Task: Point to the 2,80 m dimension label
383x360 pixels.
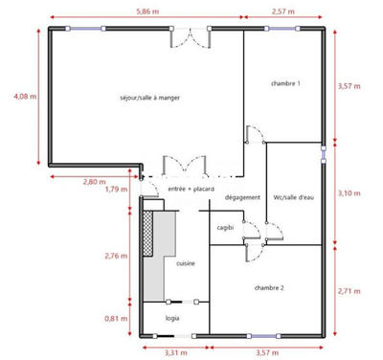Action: pos(94,181)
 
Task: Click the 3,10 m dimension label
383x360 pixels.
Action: pos(349,193)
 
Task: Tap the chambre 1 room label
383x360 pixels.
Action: pos(285,84)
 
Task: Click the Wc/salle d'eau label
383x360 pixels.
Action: pos(293,198)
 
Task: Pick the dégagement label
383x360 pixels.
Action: pos(243,198)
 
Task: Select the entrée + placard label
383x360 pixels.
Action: pos(191,189)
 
